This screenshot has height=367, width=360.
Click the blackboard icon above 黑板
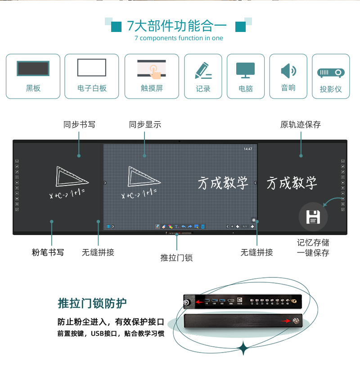coord(33,68)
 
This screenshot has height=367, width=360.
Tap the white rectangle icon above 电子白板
coord(92,68)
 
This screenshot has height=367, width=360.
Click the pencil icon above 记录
coord(203,70)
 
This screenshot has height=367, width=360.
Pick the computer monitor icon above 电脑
coord(245,70)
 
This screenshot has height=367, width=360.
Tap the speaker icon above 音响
coord(288,71)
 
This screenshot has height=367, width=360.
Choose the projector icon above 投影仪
coord(331,73)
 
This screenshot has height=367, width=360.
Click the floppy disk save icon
coord(313,217)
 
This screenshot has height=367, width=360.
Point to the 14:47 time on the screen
coord(248,149)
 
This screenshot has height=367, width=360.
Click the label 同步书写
coord(79,125)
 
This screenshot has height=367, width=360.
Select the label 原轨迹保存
coord(301,125)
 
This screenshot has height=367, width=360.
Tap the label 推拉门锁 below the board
coord(176,258)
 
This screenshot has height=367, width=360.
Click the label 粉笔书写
coord(48,252)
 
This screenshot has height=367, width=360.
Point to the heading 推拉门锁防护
coord(92,304)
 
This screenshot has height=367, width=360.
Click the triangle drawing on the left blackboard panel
coord(72,176)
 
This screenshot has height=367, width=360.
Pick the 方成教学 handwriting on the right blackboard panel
coord(292,183)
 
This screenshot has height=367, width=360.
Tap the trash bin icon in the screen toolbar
coord(203,227)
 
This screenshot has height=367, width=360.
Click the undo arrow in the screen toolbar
coord(184,227)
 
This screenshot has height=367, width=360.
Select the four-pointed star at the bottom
coord(243,348)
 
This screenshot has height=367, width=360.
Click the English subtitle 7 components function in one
coord(179,38)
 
